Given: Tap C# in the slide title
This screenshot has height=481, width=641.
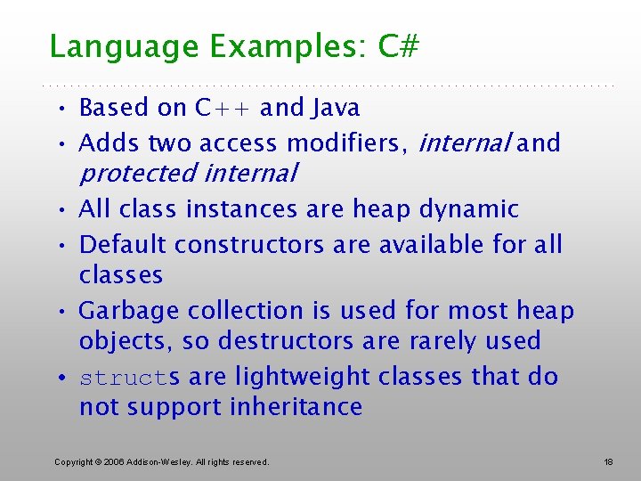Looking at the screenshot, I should pyautogui.click(x=398, y=46).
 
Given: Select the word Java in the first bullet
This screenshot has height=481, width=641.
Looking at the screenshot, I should pyautogui.click(x=336, y=108).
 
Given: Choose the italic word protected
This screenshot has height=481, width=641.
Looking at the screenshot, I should pyautogui.click(x=137, y=173).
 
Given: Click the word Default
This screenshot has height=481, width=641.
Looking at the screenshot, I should pyautogui.click(x=124, y=244).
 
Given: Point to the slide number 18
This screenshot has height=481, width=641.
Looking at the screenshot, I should pyautogui.click(x=608, y=461).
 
